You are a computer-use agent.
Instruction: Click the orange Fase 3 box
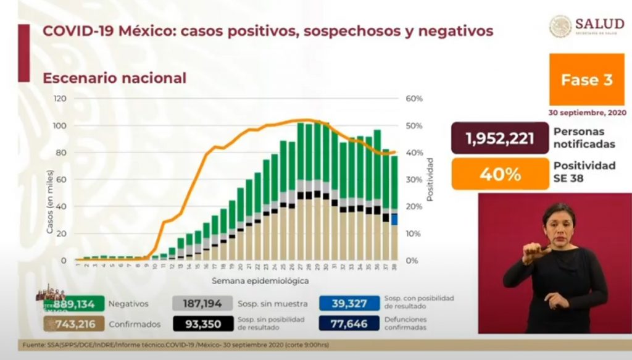[586, 80]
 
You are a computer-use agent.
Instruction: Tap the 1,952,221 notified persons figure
[500, 138]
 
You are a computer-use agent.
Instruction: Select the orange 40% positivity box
[500, 174]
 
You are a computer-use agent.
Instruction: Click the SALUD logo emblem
[560, 26]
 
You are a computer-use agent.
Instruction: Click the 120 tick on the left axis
[60, 99]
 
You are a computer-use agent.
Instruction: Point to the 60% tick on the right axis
[414, 99]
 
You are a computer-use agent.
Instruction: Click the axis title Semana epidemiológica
[253, 280]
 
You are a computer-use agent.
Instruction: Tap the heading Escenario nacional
[114, 78]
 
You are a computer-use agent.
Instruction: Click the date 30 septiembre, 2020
[587, 113]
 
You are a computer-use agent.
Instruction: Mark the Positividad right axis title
[431, 179]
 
